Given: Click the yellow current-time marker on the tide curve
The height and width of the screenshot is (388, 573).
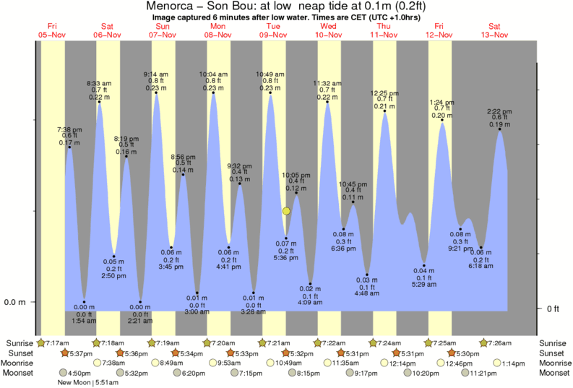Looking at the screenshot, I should coord(287,211).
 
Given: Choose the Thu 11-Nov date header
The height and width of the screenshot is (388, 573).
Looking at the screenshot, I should coord(384,30).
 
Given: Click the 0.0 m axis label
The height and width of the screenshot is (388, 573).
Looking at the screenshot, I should coord(15,302).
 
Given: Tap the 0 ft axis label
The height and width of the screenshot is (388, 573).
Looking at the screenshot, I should coord(552,309).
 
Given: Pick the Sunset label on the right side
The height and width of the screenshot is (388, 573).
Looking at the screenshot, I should coord(554,353).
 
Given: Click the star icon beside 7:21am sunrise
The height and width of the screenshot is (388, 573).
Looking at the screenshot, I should coord(264,342).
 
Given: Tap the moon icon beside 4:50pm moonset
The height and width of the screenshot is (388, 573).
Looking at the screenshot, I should coord(64,373).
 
